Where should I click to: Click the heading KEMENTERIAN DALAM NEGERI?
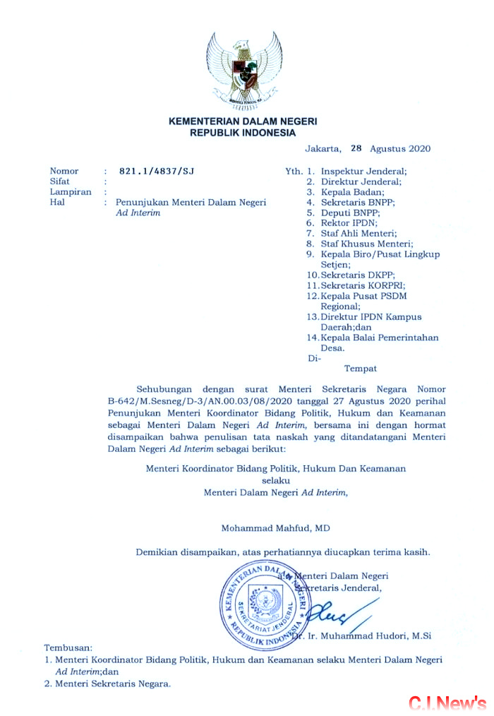tap(243, 121)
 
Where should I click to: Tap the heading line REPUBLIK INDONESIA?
tap(243, 132)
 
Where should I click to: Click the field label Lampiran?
tap(71, 191)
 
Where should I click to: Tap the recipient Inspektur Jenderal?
tap(363, 172)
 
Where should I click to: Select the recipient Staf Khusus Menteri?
tap(367, 244)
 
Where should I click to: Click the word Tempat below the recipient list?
tap(360, 368)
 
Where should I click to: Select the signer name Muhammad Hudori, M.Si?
tap(378, 636)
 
